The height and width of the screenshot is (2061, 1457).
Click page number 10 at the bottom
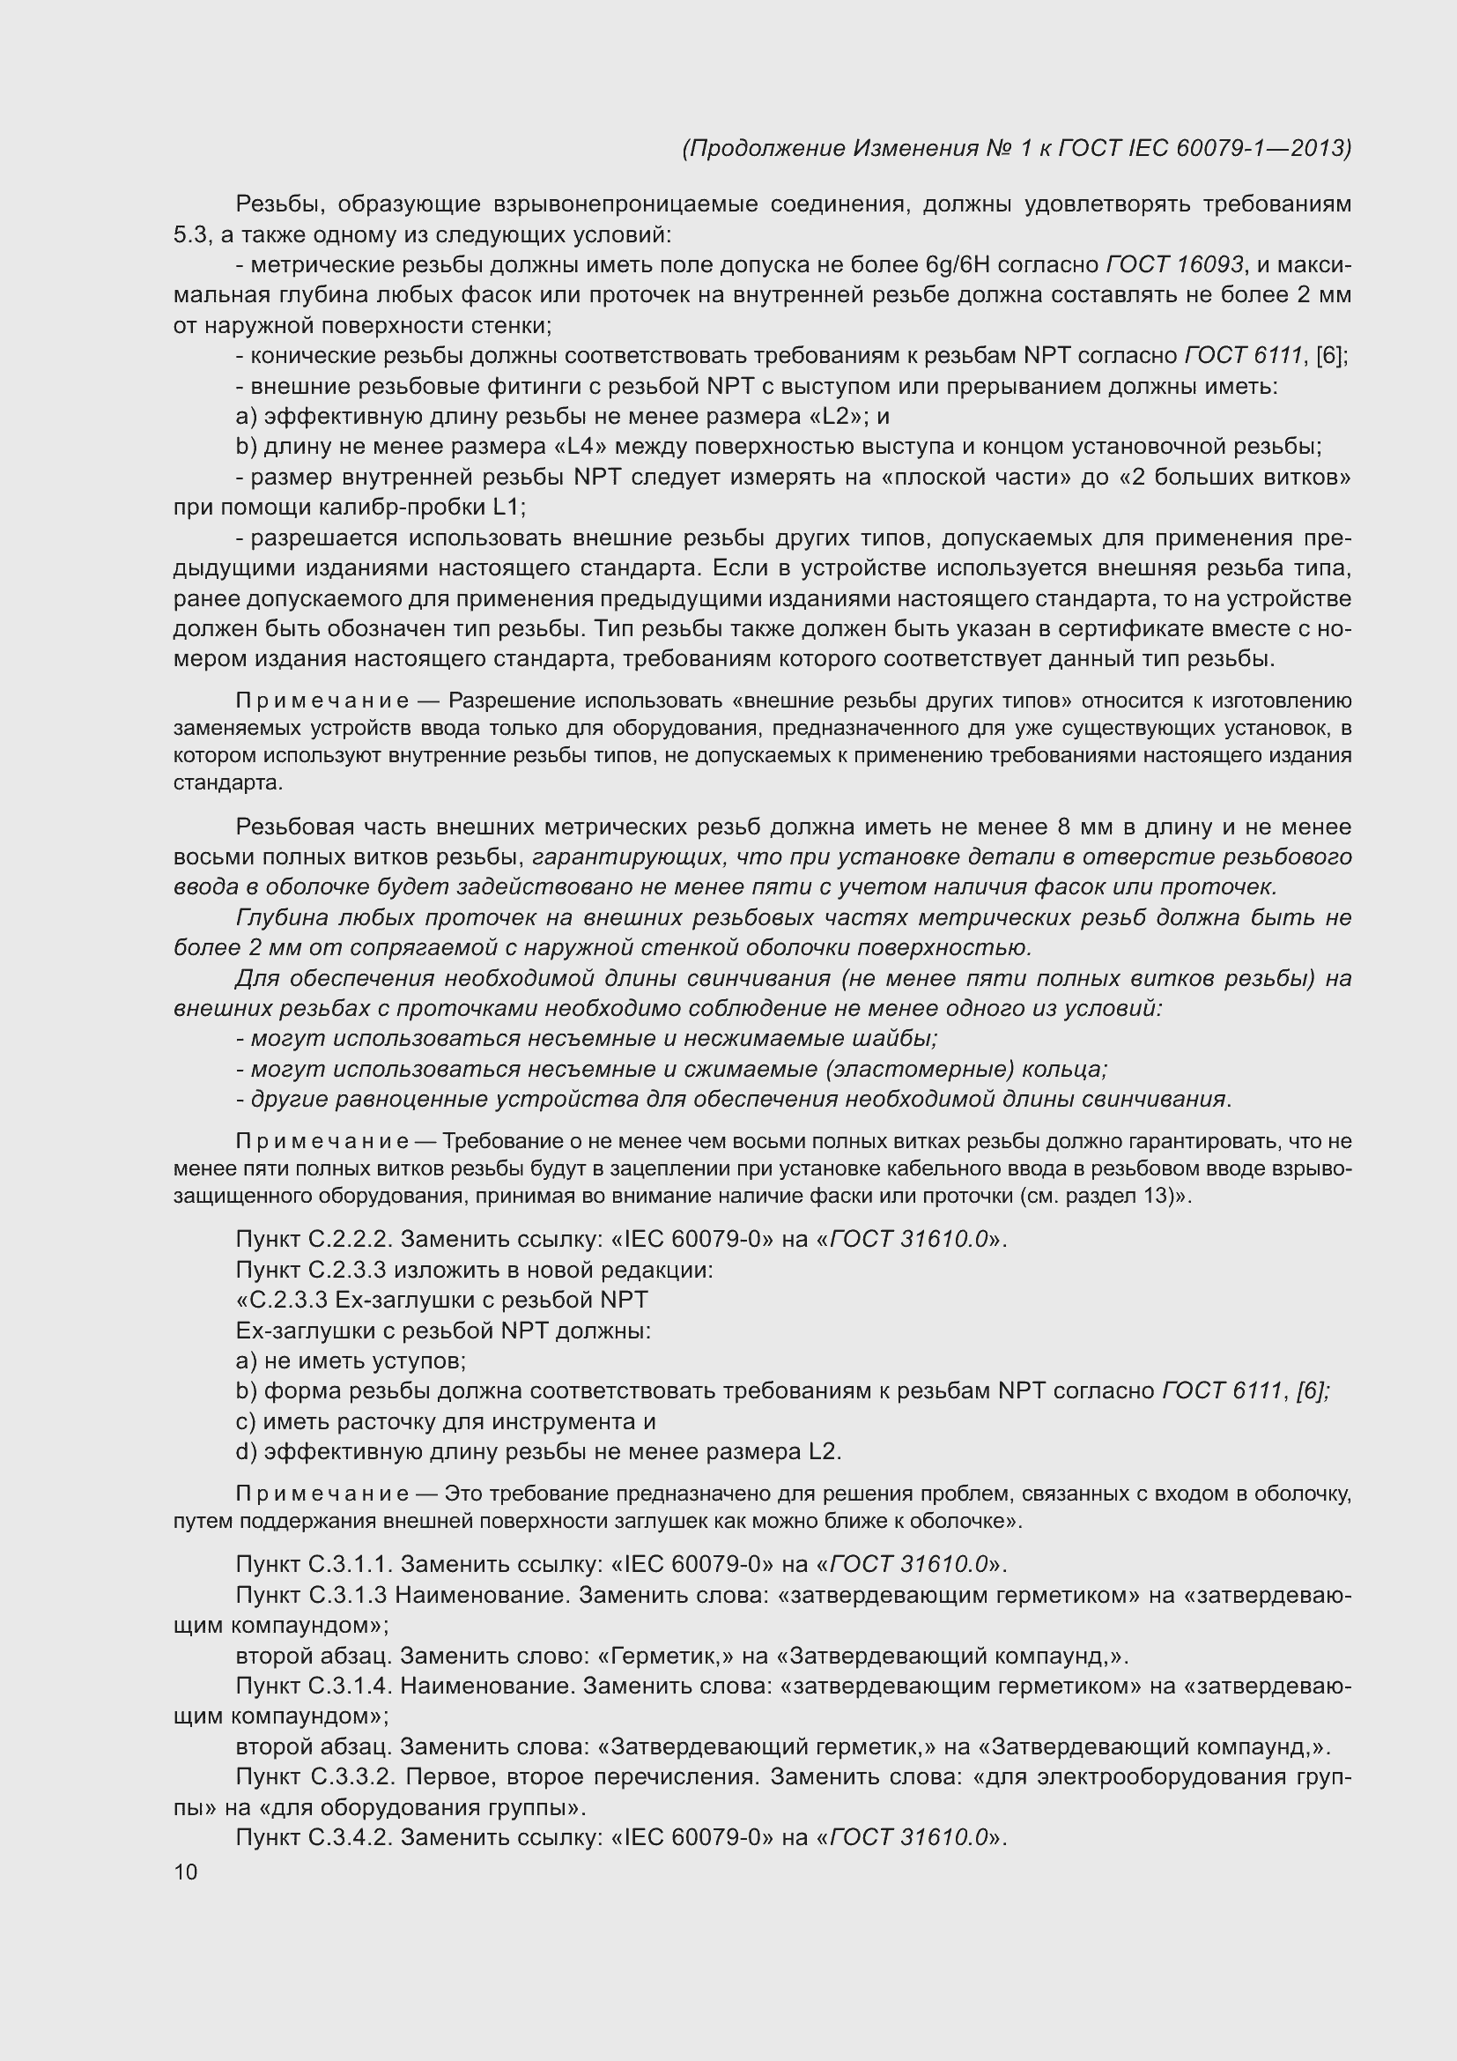coord(186,1872)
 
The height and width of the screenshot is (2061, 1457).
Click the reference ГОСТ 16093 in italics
coord(1175,265)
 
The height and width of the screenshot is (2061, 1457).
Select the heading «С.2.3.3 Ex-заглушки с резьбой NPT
coord(441,1300)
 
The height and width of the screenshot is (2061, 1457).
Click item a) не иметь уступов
coord(351,1360)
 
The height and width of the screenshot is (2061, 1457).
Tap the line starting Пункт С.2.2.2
coord(621,1239)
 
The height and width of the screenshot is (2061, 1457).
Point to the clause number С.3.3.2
coord(354,1776)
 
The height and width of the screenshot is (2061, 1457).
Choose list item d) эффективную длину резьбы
coord(538,1451)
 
